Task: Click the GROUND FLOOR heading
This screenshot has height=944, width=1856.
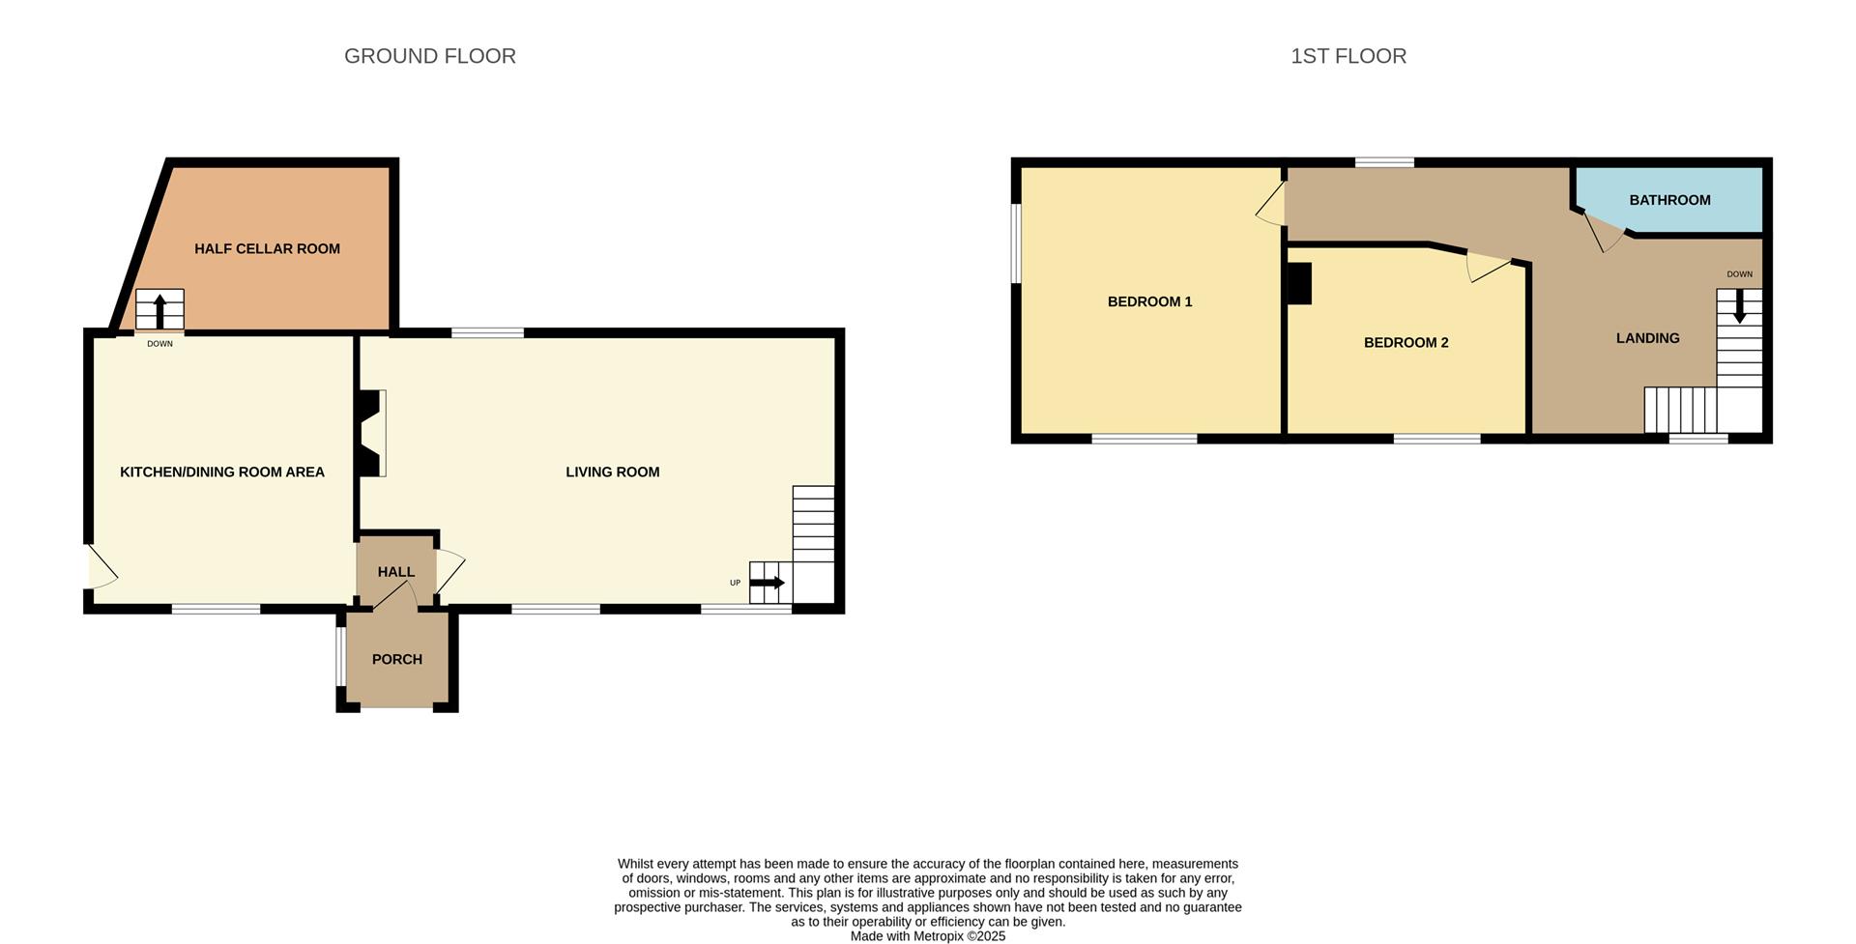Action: click(x=430, y=56)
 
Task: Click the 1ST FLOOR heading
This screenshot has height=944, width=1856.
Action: click(x=1348, y=56)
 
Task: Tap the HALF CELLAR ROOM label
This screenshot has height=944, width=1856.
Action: click(x=267, y=249)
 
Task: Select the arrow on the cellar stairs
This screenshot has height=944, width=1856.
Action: click(x=159, y=311)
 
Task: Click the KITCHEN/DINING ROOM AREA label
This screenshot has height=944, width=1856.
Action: click(x=222, y=472)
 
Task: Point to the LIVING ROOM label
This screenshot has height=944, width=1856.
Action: click(x=613, y=472)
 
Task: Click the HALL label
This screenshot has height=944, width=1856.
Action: click(x=396, y=572)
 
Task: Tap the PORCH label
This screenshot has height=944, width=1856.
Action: click(x=397, y=660)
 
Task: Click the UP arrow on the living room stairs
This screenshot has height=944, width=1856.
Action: click(x=768, y=583)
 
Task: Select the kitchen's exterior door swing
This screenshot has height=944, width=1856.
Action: click(x=101, y=568)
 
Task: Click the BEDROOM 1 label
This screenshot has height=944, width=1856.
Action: click(x=1149, y=301)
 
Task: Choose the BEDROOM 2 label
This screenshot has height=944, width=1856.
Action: click(x=1406, y=343)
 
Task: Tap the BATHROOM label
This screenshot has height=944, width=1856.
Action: click(x=1669, y=200)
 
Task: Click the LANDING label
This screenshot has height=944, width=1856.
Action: click(x=1647, y=338)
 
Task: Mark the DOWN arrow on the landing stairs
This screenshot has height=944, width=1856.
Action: click(x=1739, y=306)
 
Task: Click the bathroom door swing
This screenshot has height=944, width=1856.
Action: click(x=1604, y=232)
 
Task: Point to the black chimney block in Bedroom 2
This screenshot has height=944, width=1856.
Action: click(x=1299, y=285)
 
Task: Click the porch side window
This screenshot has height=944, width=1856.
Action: click(x=339, y=657)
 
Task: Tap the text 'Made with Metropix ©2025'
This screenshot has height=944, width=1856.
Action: click(x=927, y=936)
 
